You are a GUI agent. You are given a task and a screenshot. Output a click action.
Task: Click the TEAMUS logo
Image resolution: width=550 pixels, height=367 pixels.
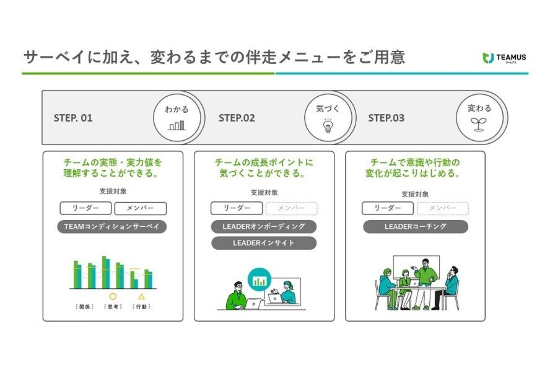pyautogui.click(x=504, y=58)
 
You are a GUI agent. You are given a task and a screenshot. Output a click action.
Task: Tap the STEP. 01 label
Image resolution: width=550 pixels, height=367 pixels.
pyautogui.click(x=73, y=118)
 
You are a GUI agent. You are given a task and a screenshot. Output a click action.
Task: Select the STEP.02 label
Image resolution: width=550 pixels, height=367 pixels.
pyautogui.click(x=237, y=118)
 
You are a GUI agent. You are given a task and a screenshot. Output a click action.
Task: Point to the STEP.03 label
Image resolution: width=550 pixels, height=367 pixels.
pyautogui.click(x=386, y=118)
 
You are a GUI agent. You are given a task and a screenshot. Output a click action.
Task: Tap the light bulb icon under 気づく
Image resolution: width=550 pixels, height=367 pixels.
pyautogui.click(x=328, y=125)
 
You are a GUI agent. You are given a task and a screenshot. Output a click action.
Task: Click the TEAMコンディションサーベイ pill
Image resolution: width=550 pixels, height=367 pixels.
pyautogui.click(x=112, y=227)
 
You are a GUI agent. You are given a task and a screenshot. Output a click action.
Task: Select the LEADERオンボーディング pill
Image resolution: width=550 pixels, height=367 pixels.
pyautogui.click(x=264, y=227)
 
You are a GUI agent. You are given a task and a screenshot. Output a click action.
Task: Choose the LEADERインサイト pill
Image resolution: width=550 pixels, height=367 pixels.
pyautogui.click(x=264, y=243)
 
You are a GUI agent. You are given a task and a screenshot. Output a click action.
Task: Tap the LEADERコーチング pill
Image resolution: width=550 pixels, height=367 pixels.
pyautogui.click(x=415, y=227)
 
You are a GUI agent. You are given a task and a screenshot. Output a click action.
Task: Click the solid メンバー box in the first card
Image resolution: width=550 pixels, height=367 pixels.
pyautogui.click(x=140, y=208)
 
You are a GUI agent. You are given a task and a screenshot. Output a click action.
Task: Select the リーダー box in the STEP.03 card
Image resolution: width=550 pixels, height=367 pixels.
pyautogui.click(x=387, y=208)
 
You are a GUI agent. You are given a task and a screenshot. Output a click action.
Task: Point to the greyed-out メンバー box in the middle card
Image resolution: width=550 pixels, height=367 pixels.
pyautogui.click(x=291, y=208)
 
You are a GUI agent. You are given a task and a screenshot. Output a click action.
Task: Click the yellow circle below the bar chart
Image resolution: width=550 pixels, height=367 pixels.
pyautogui.click(x=113, y=296)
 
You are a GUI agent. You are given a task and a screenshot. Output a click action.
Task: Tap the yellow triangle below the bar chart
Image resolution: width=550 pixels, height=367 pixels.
pyautogui.click(x=141, y=296)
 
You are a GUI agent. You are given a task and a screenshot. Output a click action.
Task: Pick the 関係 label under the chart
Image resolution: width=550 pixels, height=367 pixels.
pyautogui.click(x=85, y=306)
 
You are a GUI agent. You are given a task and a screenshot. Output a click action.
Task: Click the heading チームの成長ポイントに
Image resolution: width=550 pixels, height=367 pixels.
pyautogui.click(x=264, y=162)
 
